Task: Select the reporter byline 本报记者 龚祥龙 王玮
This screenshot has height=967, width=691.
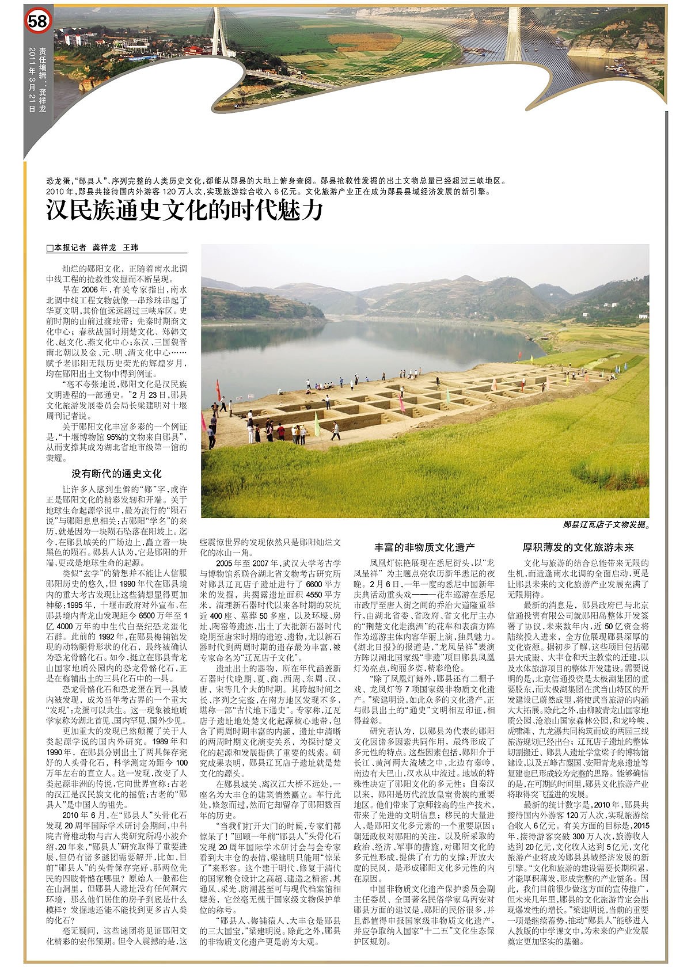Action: pyautogui.click(x=95, y=248)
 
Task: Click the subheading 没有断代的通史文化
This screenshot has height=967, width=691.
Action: pyautogui.click(x=116, y=474)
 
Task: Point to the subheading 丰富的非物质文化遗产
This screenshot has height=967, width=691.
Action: pyautogui.click(x=424, y=547)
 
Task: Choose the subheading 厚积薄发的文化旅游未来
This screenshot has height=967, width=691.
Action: pyautogui.click(x=578, y=547)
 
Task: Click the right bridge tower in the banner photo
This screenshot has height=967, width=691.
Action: pyautogui.click(x=512, y=35)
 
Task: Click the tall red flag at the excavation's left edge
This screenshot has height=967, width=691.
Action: pyautogui.click(x=218, y=390)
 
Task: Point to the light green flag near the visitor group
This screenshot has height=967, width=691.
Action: pyautogui.click(x=316, y=425)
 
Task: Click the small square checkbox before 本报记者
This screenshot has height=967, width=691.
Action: pyautogui.click(x=50, y=248)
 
